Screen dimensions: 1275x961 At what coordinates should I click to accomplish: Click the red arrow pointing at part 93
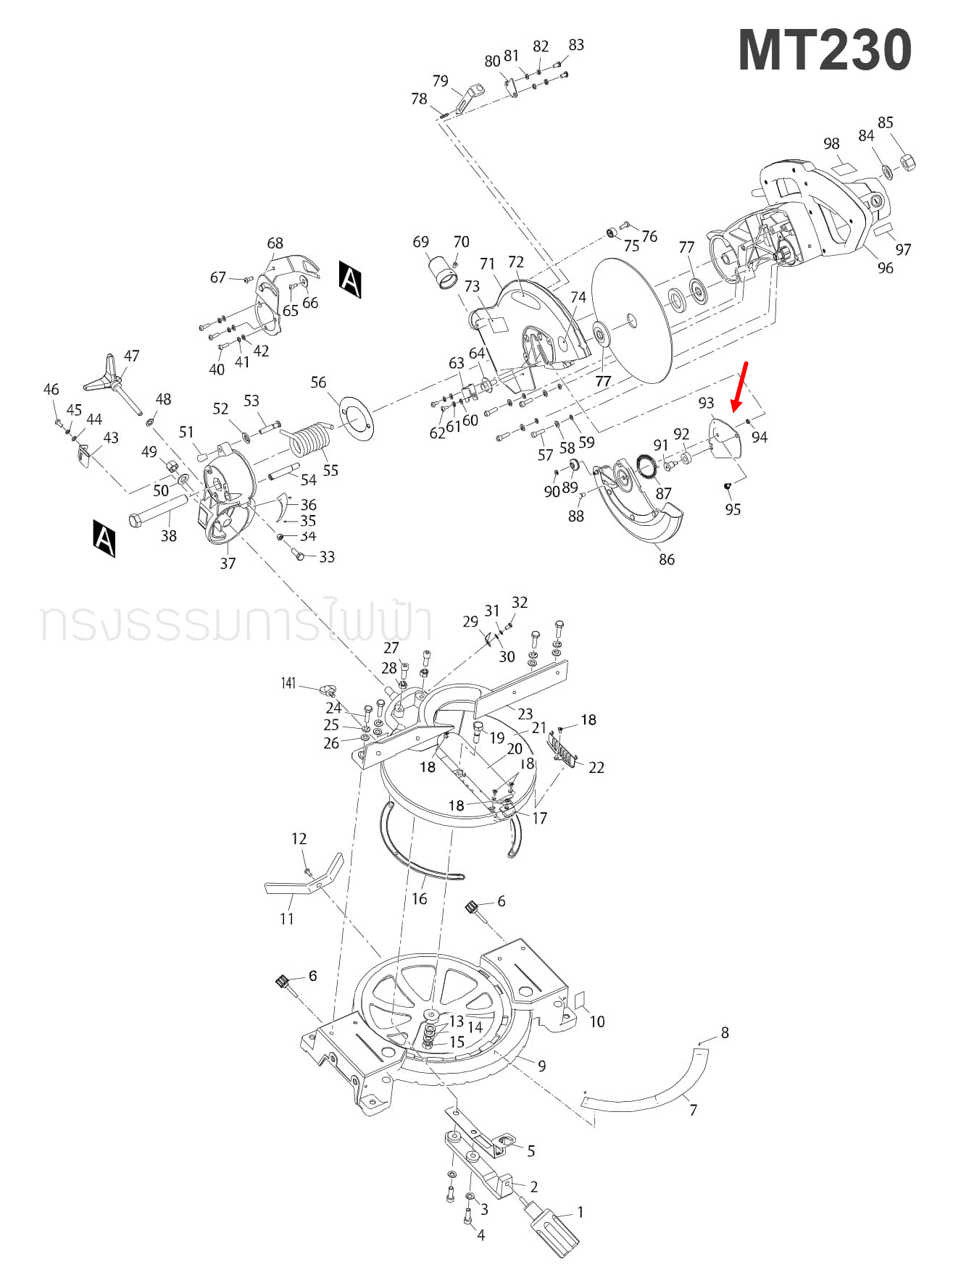pos(740,387)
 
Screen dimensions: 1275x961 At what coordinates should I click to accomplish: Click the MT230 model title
pos(824,51)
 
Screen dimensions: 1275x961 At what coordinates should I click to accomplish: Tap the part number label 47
pos(131,356)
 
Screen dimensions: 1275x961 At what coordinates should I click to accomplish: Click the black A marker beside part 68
pos(350,279)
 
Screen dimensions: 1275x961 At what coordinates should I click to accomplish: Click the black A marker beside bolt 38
pos(104,538)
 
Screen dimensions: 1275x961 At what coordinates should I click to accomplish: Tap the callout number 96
pos(885,268)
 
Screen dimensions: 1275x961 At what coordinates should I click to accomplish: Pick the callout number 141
pos(288,683)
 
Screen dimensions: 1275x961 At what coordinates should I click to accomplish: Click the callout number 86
pos(666,559)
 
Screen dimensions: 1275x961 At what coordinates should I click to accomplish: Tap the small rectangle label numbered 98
pos(844,167)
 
